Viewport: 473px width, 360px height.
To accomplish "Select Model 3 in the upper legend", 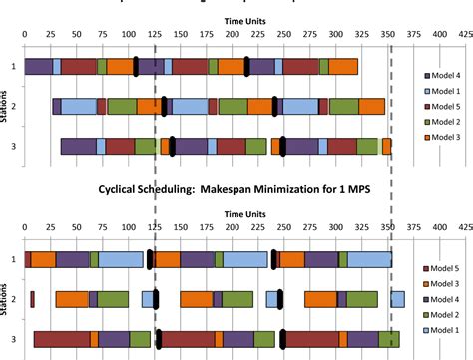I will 443,138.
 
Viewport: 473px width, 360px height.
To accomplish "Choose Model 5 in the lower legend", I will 443,268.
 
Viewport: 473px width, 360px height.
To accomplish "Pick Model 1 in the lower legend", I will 443,331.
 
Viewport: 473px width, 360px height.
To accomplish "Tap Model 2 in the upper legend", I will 443,122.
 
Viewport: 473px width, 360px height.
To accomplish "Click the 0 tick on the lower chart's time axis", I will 25,227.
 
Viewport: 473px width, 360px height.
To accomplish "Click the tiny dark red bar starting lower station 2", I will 32,299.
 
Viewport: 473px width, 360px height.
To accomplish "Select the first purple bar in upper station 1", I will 38,66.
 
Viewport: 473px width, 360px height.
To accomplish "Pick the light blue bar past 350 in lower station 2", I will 397,299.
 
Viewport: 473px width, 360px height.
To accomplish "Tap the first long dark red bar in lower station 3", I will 62,339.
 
